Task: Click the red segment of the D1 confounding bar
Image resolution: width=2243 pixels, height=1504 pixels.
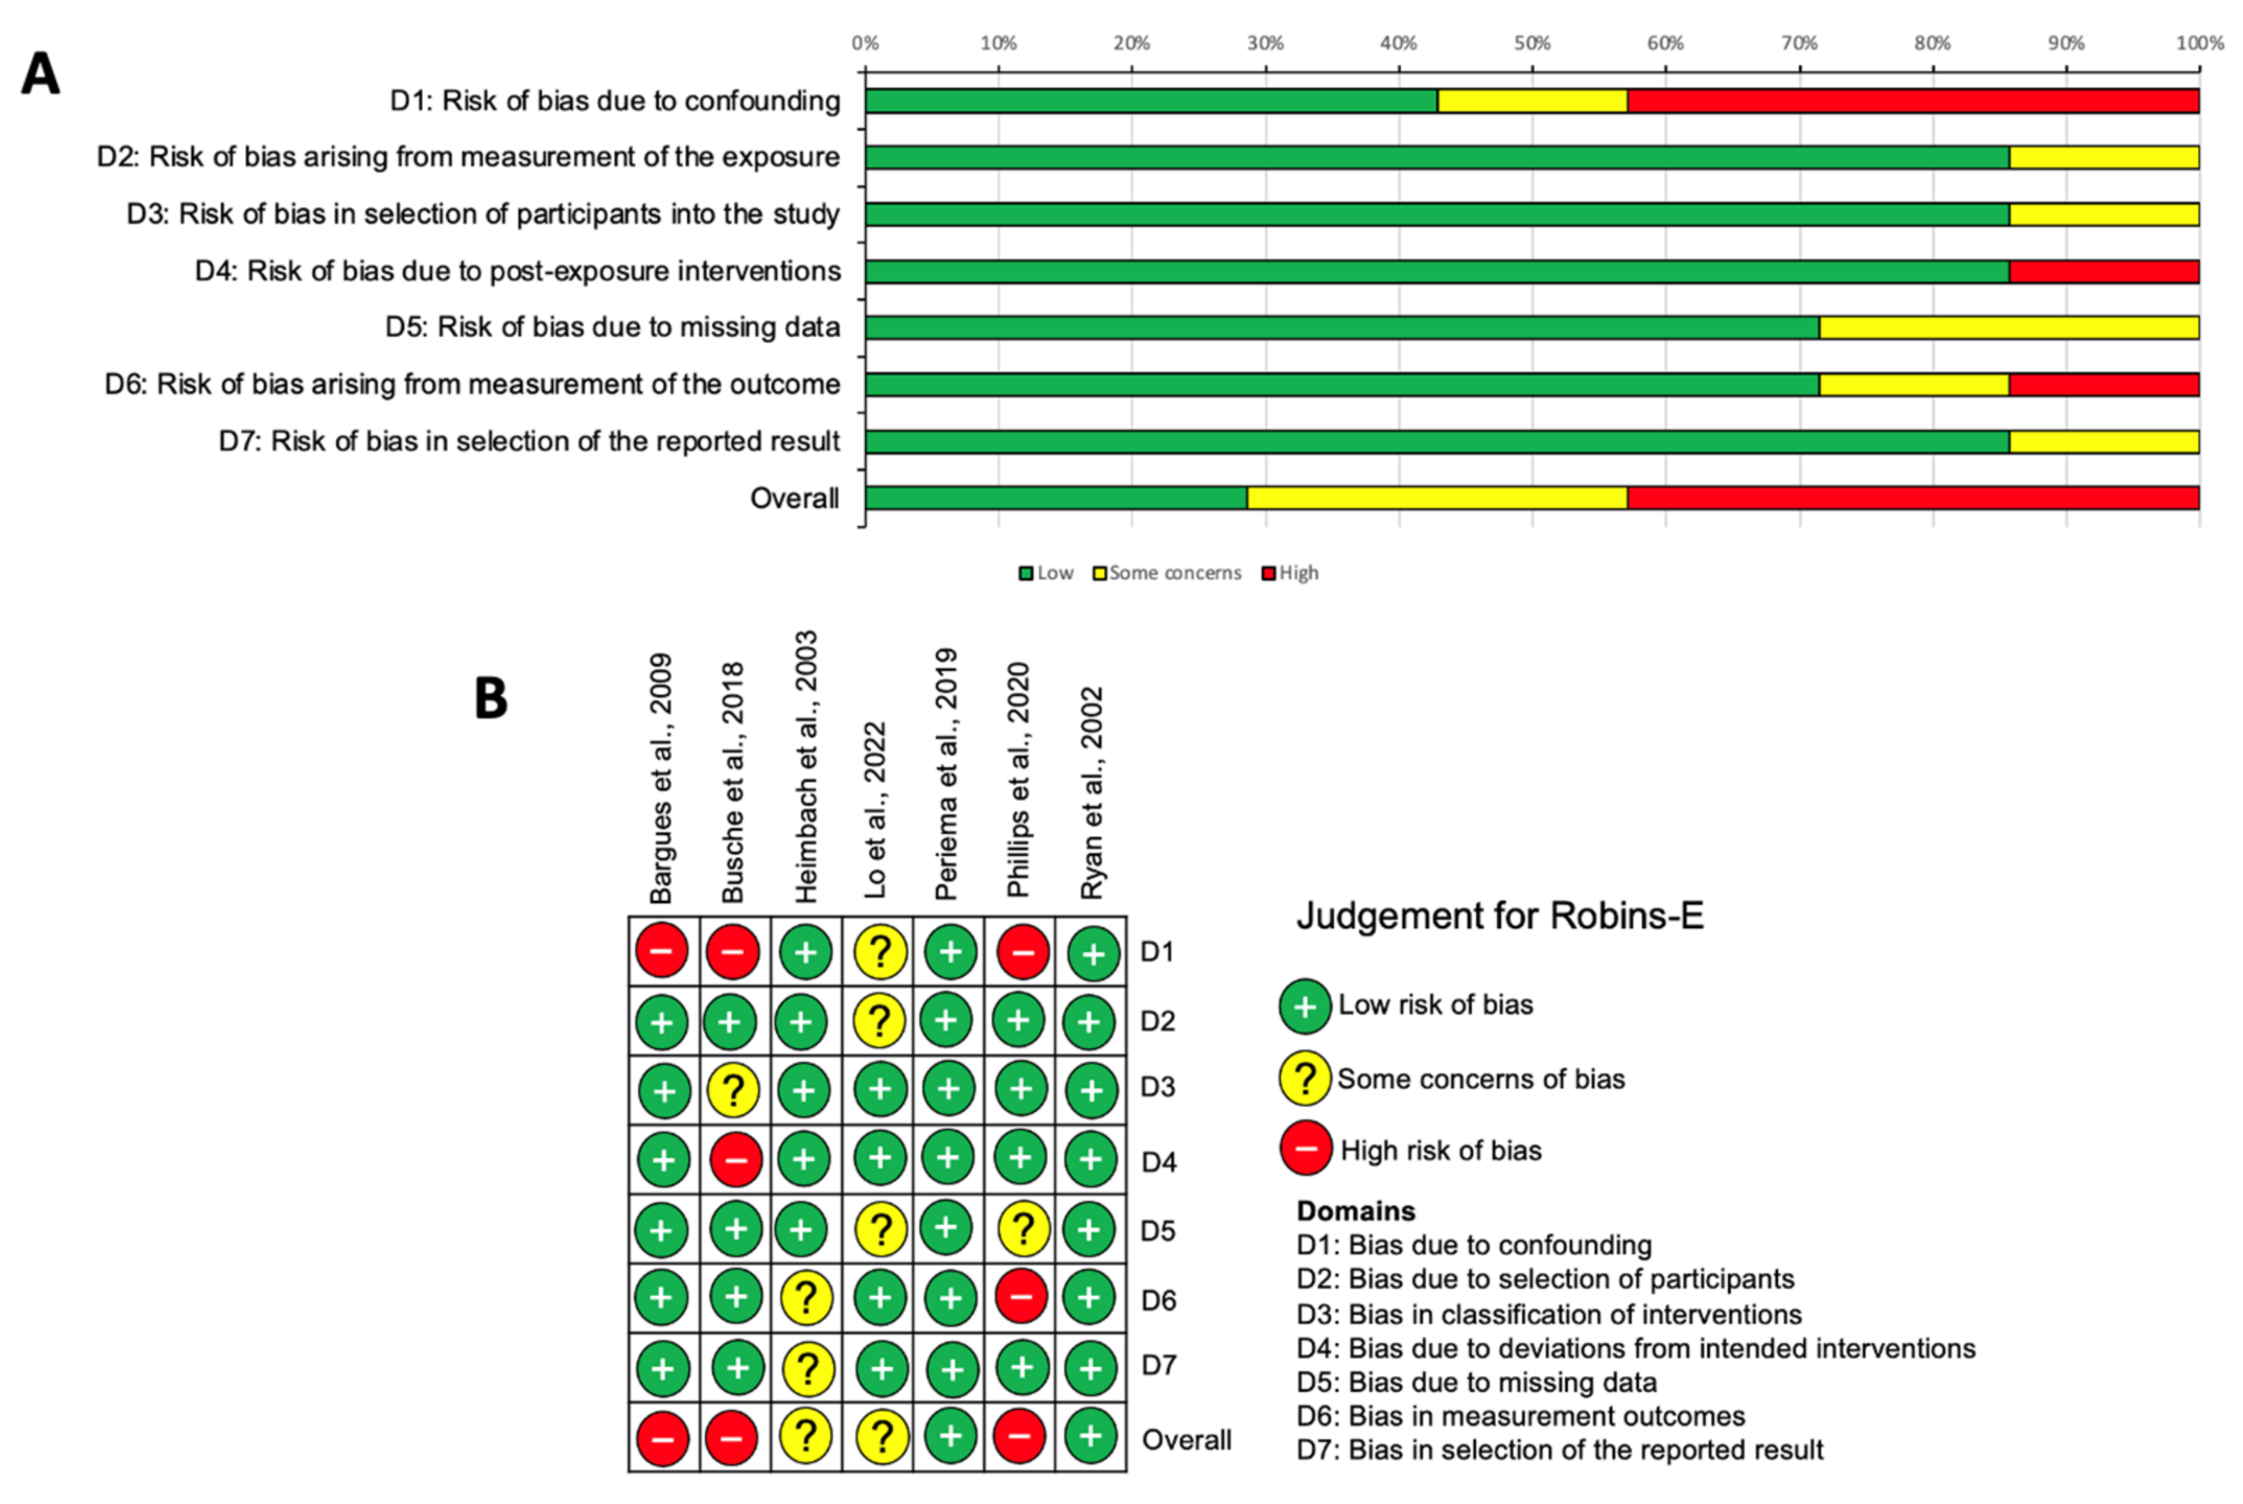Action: point(1912,101)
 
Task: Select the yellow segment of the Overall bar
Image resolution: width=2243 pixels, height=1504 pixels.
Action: point(1436,498)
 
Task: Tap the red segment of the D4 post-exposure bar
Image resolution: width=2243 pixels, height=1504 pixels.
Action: point(2103,271)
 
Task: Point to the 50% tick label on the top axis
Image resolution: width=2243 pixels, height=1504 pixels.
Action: point(1532,43)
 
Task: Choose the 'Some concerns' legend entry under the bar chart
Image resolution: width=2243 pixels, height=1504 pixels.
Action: point(1167,573)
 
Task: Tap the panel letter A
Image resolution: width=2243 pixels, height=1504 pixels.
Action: point(40,74)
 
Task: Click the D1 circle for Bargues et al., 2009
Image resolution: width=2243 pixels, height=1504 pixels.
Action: point(662,951)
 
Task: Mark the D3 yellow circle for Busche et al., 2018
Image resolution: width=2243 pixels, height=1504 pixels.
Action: point(734,1091)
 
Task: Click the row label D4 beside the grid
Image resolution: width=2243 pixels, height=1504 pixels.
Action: point(1159,1162)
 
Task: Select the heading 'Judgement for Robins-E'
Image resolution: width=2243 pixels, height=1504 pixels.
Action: point(1500,915)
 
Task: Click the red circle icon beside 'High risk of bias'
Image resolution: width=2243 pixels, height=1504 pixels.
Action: point(1305,1148)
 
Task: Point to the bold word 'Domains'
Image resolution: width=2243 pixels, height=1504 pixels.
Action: point(1355,1210)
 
